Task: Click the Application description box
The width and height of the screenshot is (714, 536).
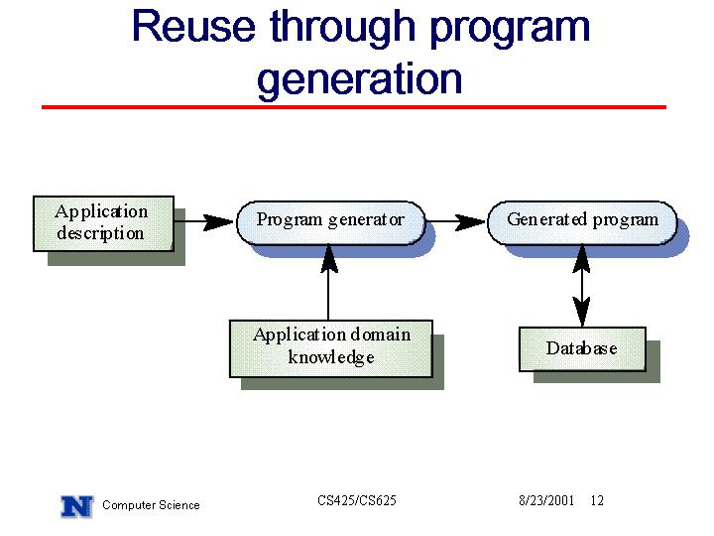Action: (103, 223)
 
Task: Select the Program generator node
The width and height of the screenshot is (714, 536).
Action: (330, 223)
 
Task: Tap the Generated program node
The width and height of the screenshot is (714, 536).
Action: (582, 223)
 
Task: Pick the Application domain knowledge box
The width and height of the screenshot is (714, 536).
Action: (331, 348)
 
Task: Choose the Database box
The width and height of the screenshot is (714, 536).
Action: (582, 349)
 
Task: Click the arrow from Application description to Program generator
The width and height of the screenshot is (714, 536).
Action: (204, 222)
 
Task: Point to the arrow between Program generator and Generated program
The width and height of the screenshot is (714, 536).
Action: (456, 222)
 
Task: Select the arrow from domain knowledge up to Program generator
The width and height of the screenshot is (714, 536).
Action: (329, 283)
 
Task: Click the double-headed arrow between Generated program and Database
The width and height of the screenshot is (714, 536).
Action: (582, 286)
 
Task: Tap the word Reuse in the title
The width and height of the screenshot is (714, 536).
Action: (193, 27)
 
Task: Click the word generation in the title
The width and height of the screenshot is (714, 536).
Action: (360, 79)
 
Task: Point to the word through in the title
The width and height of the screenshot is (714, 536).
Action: (342, 28)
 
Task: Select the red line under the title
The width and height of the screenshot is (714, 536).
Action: (354, 107)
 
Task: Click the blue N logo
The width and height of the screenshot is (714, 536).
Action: (77, 506)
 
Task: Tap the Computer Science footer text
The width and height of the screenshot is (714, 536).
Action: (151, 505)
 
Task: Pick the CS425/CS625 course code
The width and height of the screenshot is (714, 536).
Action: (357, 500)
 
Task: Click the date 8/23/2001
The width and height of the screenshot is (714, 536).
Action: (546, 500)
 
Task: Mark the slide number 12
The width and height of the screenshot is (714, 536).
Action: (597, 500)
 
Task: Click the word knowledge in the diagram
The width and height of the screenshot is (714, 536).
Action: (331, 357)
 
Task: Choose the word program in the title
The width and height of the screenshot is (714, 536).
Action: (510, 28)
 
